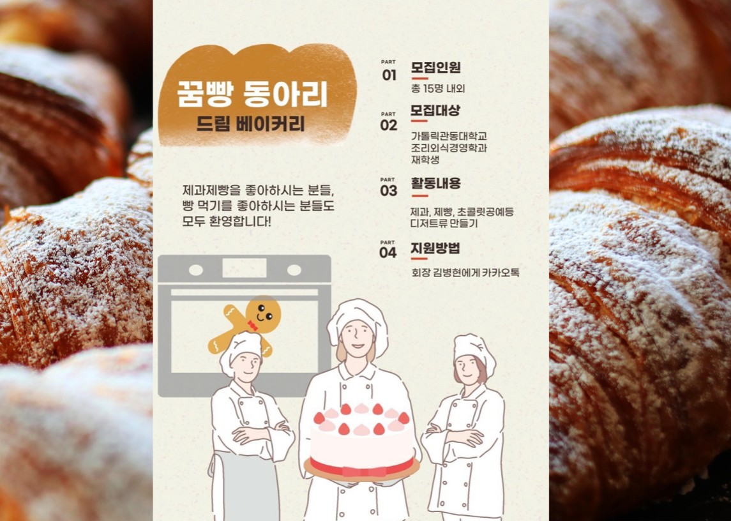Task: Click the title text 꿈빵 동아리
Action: click(x=253, y=94)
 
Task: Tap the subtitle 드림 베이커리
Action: click(x=251, y=123)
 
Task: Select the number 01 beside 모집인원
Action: click(x=389, y=75)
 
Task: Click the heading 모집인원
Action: click(x=435, y=68)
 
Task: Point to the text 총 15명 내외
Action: click(x=438, y=89)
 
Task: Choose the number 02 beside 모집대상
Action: click(x=389, y=125)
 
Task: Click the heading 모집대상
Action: click(x=435, y=110)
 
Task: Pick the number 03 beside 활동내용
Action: click(x=389, y=190)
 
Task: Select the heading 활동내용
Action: click(x=435, y=184)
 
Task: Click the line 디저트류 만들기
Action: click(x=444, y=223)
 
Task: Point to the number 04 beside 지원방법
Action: click(x=388, y=252)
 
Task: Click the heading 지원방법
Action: click(x=435, y=248)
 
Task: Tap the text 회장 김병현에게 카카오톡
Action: click(x=465, y=273)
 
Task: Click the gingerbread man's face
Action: click(x=262, y=313)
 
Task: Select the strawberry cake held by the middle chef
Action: click(x=362, y=441)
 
